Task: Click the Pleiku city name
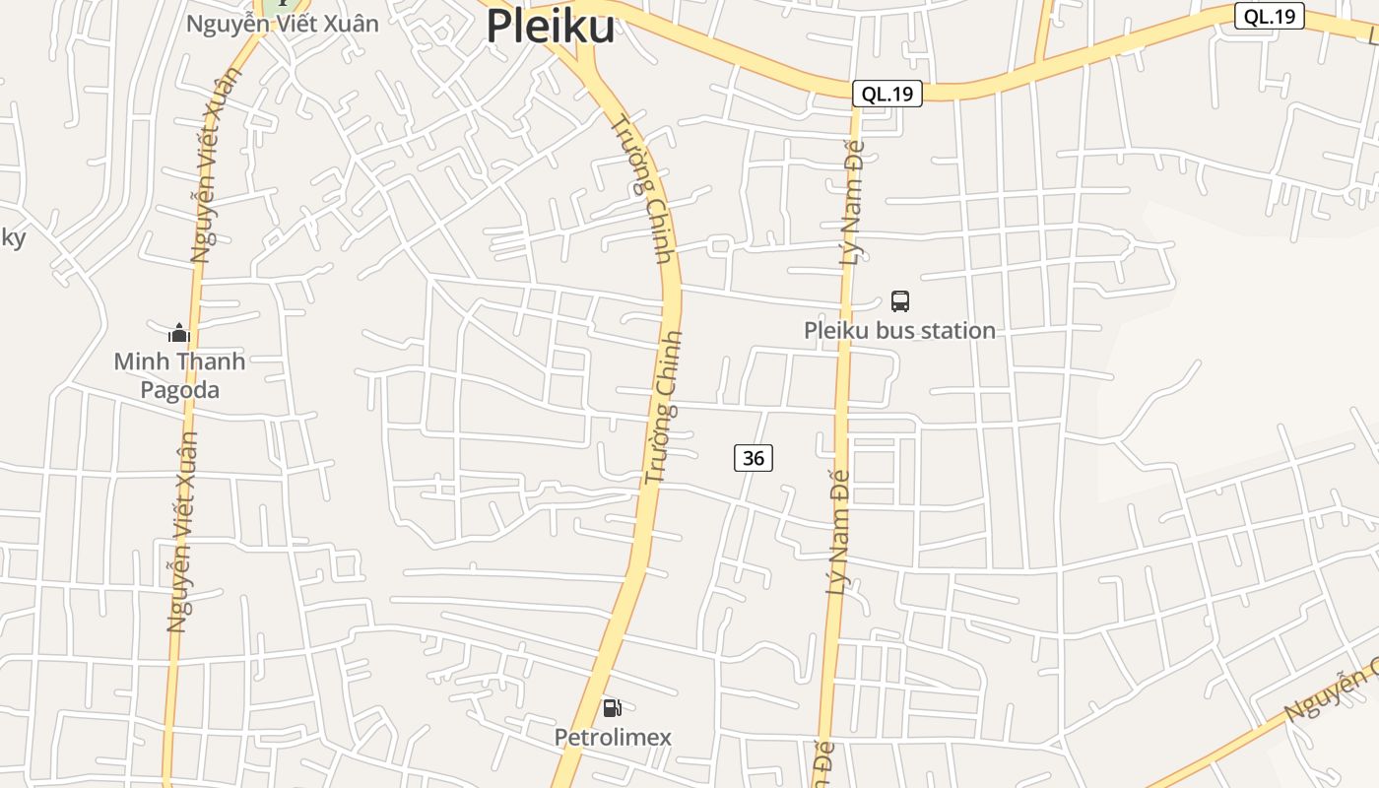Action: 551,27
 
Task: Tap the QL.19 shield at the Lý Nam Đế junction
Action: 886,94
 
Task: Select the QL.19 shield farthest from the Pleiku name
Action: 1269,16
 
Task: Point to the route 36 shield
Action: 753,458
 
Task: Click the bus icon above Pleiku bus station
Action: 899,300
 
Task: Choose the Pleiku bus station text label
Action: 899,330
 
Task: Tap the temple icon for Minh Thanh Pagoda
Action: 178,332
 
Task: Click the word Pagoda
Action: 179,390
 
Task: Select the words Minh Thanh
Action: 179,361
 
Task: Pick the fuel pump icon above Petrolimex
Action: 612,707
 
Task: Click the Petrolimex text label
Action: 612,737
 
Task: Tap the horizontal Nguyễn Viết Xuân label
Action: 283,24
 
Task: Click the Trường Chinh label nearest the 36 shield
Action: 663,407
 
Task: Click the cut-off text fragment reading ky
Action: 12,237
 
